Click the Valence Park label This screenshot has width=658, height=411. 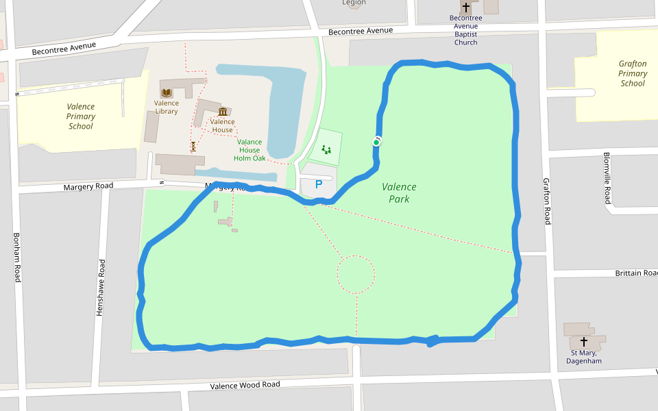click(399, 192)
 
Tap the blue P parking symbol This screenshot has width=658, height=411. click(318, 184)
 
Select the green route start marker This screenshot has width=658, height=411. click(376, 142)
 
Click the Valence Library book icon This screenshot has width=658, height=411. click(167, 92)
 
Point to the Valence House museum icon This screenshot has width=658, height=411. click(222, 112)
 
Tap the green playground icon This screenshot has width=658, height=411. click(326, 149)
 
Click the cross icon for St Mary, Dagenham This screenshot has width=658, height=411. click(584, 341)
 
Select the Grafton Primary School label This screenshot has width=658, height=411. click(633, 74)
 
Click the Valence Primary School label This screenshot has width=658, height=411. click(81, 116)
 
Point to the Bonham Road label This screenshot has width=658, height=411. click(17, 258)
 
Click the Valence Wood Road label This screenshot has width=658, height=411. click(245, 385)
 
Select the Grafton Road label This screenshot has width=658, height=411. click(547, 201)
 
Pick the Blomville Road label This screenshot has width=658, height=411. click(607, 178)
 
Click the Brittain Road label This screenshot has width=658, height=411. click(636, 273)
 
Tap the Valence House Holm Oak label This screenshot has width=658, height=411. click(249, 150)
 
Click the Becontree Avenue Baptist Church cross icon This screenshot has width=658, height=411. click(466, 8)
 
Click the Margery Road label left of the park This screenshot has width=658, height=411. click(88, 186)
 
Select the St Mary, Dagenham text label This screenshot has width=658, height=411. click(584, 357)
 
